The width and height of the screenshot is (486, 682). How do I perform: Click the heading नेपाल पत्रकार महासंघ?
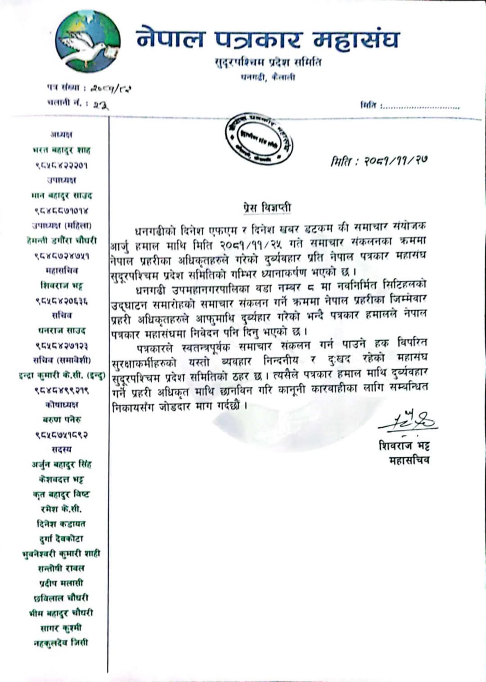click(x=267, y=39)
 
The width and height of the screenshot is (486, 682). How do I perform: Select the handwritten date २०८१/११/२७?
click(x=379, y=161)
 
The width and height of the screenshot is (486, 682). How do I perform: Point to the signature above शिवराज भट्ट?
click(x=407, y=421)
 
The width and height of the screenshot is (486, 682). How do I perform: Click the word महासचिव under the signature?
click(x=409, y=460)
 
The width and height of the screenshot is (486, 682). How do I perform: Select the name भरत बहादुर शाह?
click(x=62, y=150)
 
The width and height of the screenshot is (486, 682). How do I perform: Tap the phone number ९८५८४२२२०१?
click(x=62, y=165)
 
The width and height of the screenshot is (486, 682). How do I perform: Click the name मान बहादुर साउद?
click(x=62, y=195)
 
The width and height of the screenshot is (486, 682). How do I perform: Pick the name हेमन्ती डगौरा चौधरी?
click(x=62, y=240)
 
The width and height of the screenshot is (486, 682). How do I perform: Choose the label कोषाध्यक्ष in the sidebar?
click(x=62, y=404)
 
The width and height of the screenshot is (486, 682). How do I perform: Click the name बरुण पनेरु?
click(x=62, y=420)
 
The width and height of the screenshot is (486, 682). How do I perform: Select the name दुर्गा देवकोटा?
click(x=61, y=538)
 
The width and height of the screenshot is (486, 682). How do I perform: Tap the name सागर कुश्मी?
click(x=61, y=628)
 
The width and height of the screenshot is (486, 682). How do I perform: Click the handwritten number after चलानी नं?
click(x=101, y=105)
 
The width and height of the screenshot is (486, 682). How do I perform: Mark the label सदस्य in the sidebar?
click(x=61, y=449)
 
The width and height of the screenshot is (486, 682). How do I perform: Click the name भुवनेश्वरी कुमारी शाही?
click(x=61, y=553)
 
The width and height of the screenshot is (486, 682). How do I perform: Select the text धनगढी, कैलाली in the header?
click(x=268, y=77)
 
